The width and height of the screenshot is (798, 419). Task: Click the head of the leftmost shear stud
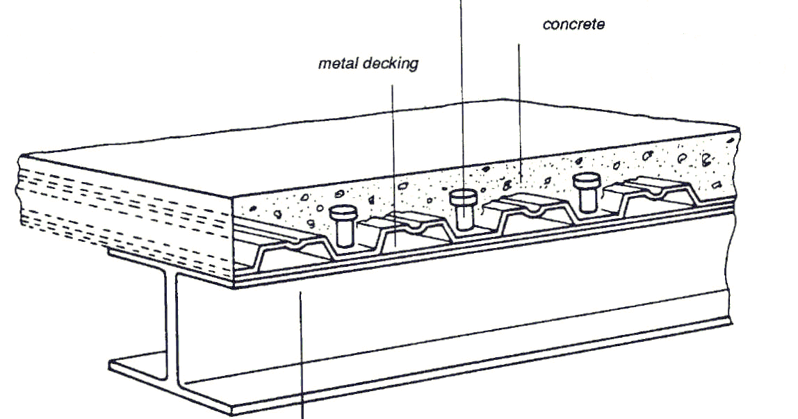click(342, 213)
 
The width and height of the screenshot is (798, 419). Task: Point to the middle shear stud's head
click(462, 197)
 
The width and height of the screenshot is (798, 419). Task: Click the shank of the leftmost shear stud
click(343, 232)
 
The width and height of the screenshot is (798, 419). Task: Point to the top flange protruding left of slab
click(122, 254)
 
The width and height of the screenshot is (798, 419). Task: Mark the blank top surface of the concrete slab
click(382, 139)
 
